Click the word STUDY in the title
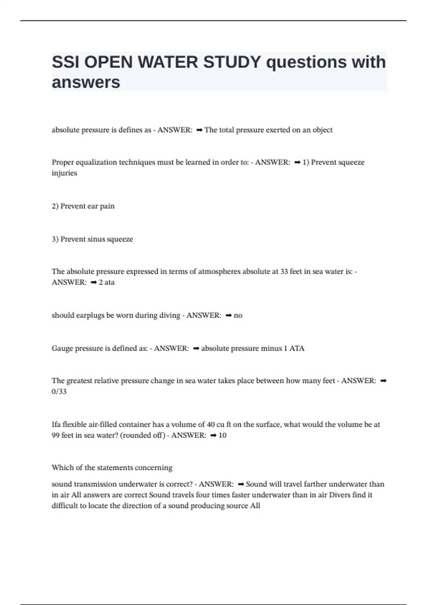[x=232, y=62]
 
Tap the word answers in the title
[x=86, y=82]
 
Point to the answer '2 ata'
[x=107, y=282]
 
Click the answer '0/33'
[x=59, y=391]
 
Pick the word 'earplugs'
[x=90, y=315]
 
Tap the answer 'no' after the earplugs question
[x=238, y=315]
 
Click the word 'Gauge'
[x=62, y=348]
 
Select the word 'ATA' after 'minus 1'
[x=297, y=348]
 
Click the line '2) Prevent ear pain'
[x=83, y=206]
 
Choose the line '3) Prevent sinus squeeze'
[x=93, y=239]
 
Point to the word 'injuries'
[x=64, y=173]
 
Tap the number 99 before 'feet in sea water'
[x=56, y=435]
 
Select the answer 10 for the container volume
[x=222, y=435]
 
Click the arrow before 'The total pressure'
[x=199, y=130]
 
